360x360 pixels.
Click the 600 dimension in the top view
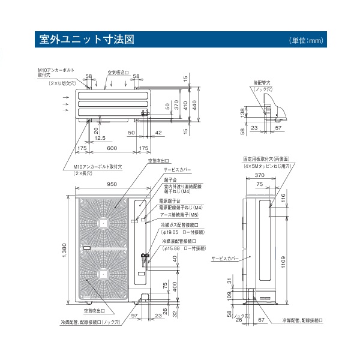click(x=112, y=148)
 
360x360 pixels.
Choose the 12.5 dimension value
click(x=100, y=138)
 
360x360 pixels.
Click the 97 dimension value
click(x=134, y=316)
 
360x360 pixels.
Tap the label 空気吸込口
click(x=118, y=72)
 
